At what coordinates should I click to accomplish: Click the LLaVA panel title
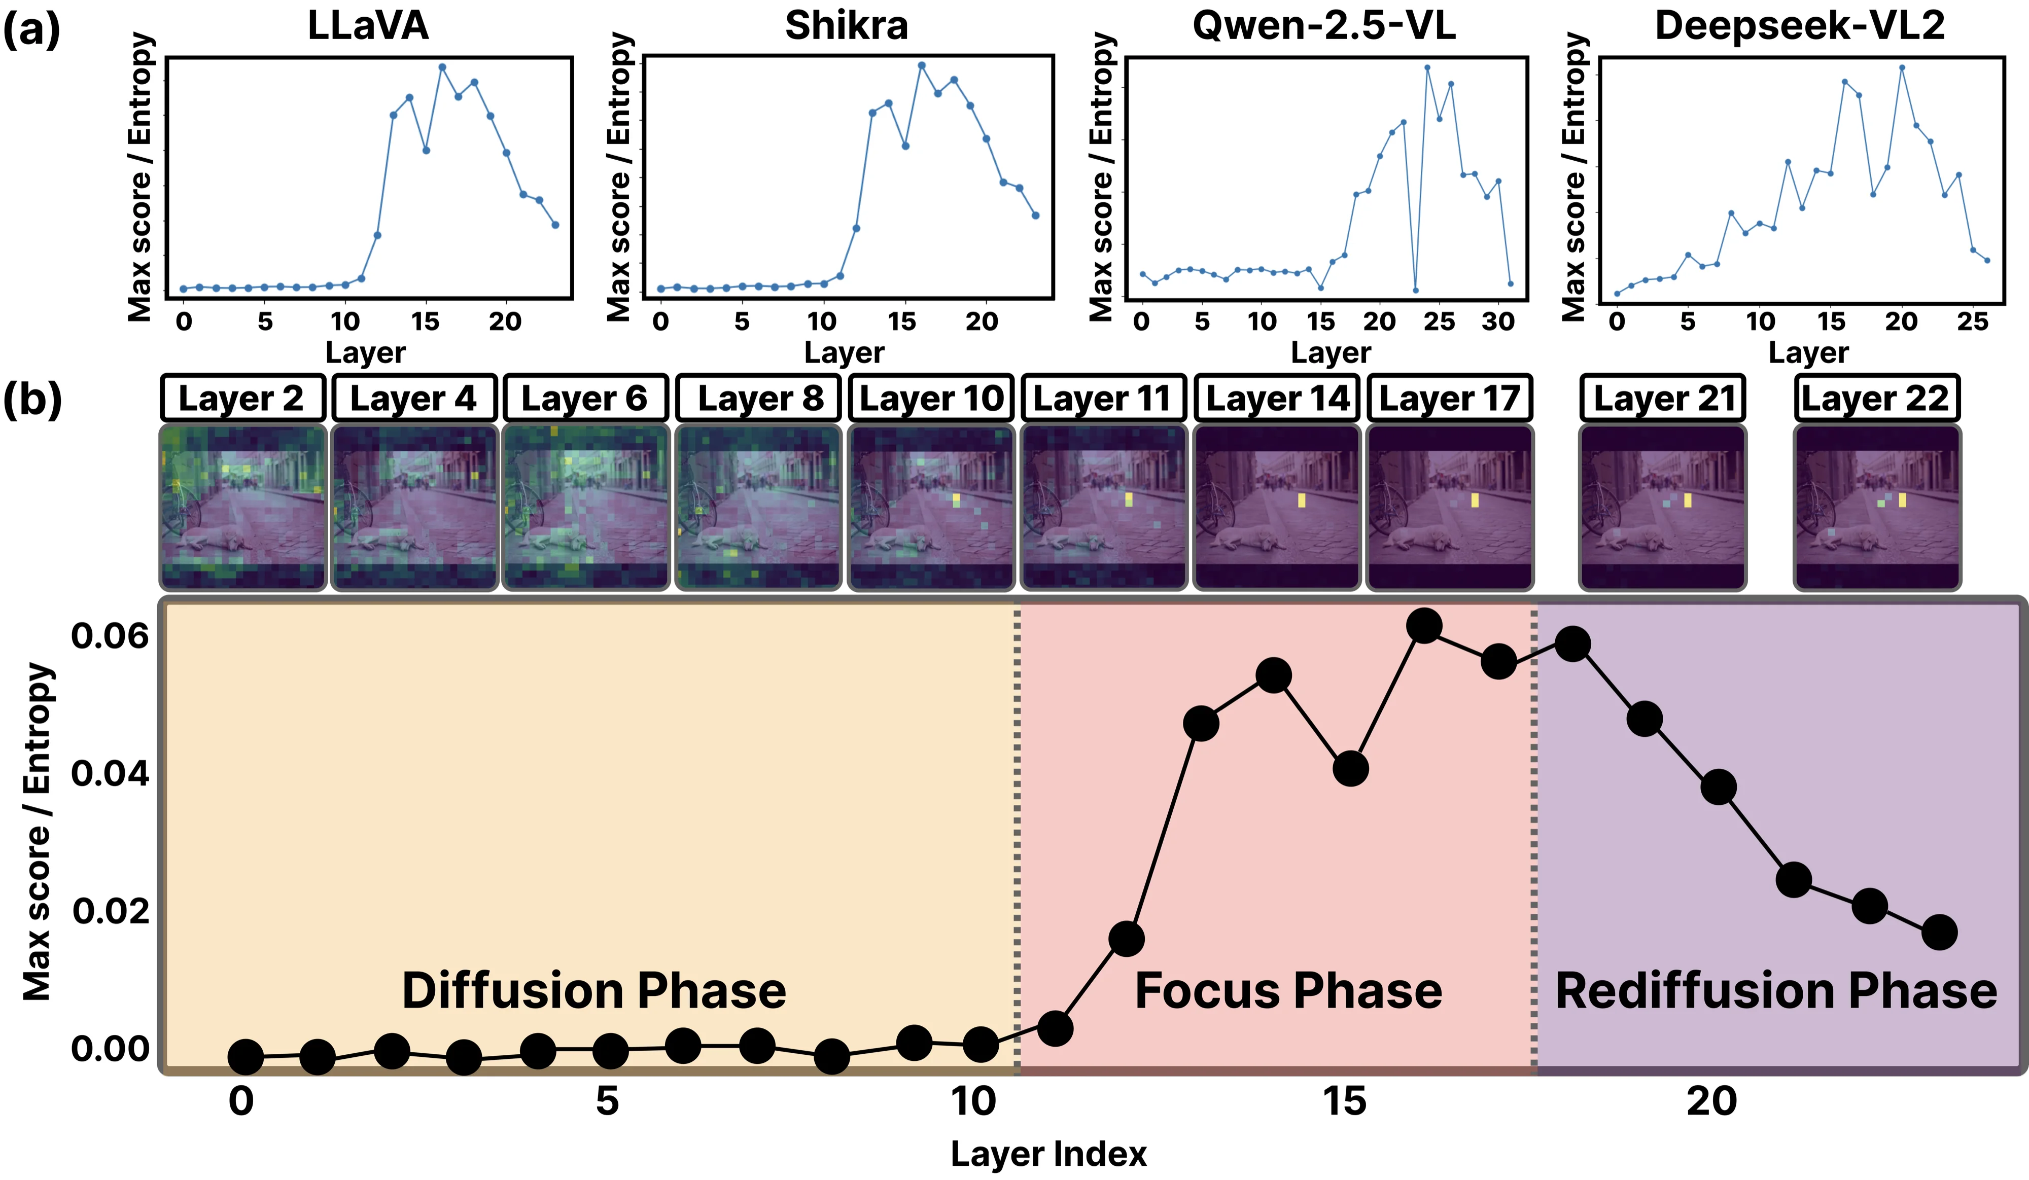pyautogui.click(x=368, y=26)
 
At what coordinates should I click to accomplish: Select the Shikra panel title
pyautogui.click(x=846, y=26)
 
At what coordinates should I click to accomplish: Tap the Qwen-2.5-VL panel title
pyautogui.click(x=1324, y=26)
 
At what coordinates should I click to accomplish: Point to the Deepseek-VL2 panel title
pyautogui.click(x=1800, y=26)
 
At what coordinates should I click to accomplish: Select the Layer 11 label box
pyautogui.click(x=1103, y=398)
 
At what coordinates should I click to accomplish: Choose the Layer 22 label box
pyautogui.click(x=1876, y=398)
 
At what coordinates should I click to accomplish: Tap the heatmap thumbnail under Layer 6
pyautogui.click(x=585, y=507)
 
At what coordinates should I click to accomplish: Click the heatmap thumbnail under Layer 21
pyautogui.click(x=1663, y=507)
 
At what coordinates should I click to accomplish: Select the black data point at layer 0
pyautogui.click(x=246, y=1057)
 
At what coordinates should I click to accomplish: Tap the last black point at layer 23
pyautogui.click(x=1940, y=932)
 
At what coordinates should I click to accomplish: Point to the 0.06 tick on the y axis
pyautogui.click(x=110, y=636)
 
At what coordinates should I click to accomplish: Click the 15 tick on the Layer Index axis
pyautogui.click(x=1344, y=1101)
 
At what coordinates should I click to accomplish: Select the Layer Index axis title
pyautogui.click(x=1048, y=1154)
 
